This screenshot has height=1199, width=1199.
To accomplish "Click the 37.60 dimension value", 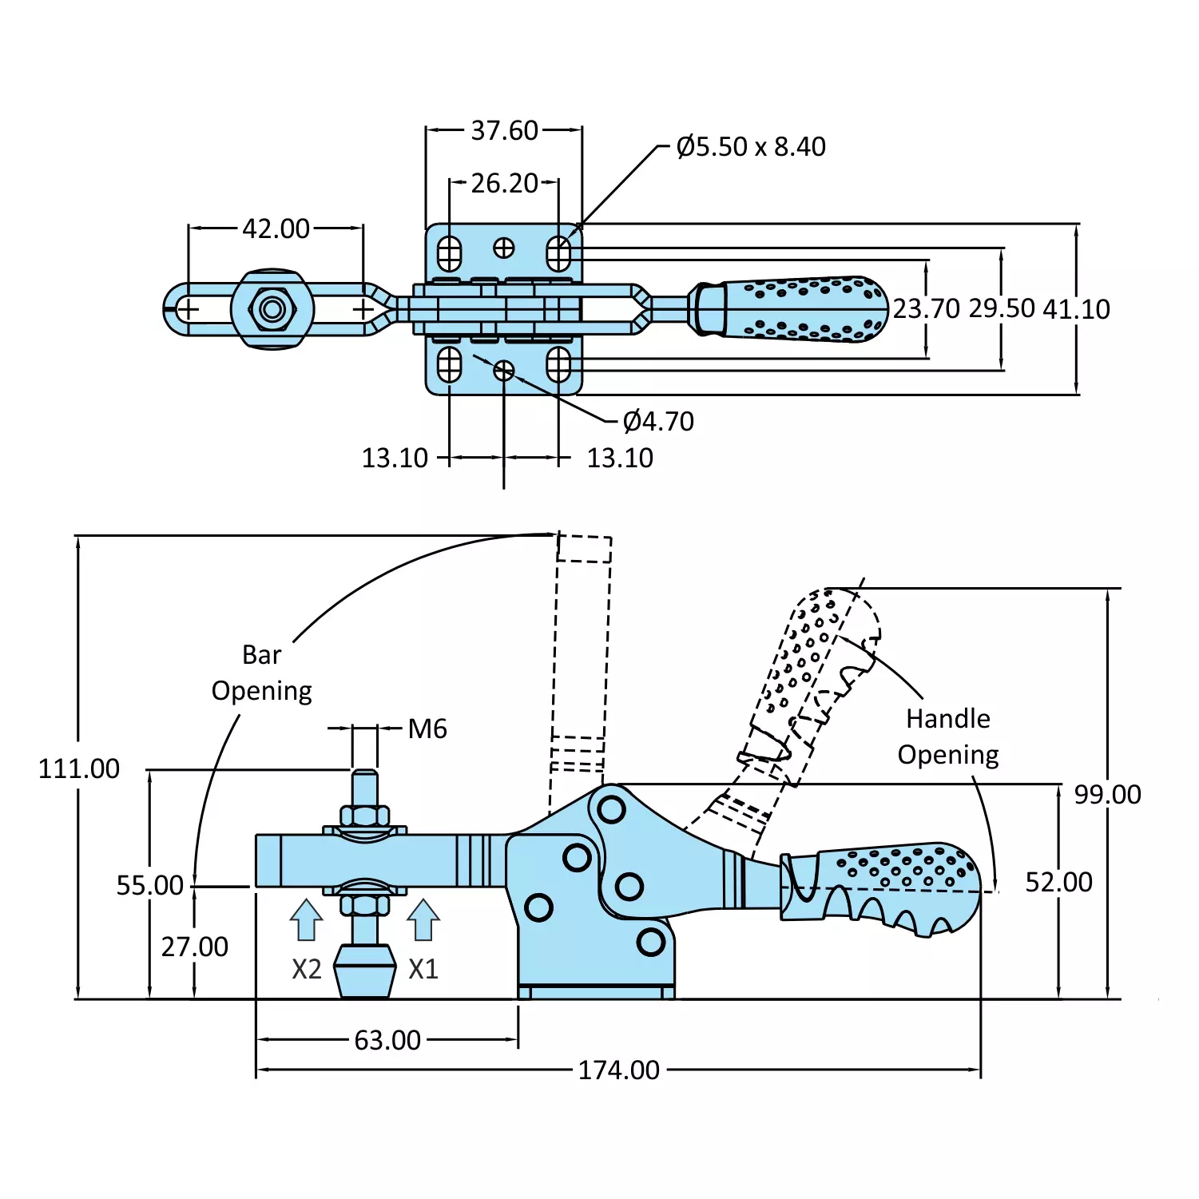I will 504,130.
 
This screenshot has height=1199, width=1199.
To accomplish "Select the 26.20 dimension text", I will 504,183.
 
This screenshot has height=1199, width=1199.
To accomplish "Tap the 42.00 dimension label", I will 276,228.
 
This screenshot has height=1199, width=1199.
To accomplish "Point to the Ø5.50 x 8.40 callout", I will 750,147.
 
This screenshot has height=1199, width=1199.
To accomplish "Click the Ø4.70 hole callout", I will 658,421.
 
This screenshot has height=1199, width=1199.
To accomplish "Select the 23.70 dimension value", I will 926,308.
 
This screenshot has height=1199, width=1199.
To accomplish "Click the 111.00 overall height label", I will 79,768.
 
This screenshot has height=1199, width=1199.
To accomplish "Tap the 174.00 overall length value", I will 618,1070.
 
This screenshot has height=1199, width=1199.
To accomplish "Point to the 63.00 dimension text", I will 387,1040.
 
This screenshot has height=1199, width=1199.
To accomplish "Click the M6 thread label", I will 427,729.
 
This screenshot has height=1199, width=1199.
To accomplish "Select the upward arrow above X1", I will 423,919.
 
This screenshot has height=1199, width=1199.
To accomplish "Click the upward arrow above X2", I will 306,919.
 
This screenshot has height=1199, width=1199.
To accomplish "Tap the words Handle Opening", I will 948,736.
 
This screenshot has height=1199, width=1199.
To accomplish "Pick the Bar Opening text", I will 261,673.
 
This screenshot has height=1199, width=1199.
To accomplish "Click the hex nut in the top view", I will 272,309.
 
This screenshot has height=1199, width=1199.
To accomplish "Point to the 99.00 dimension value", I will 1107,794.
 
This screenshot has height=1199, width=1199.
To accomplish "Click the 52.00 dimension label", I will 1058,882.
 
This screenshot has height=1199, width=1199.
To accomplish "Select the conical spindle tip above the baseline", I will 365,971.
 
